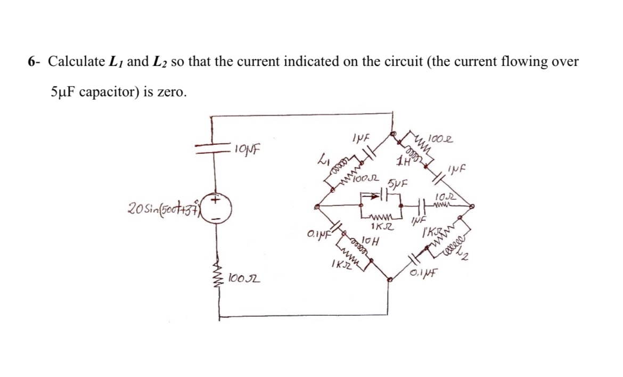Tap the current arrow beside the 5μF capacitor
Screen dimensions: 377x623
[372, 196]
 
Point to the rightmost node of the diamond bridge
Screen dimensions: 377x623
[472, 207]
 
